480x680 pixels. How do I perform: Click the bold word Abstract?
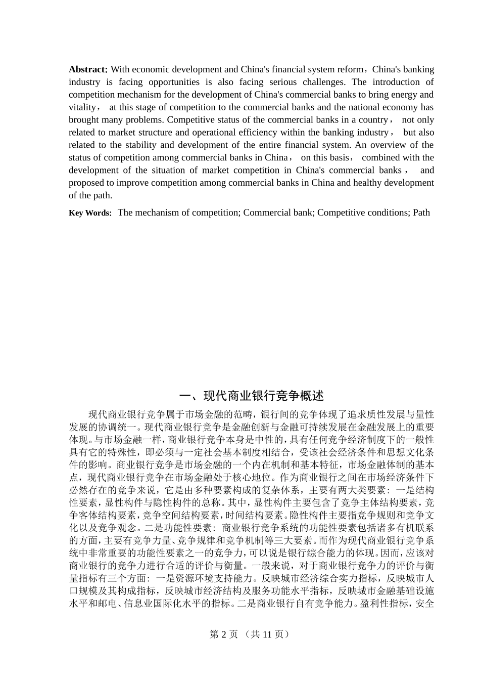[88, 69]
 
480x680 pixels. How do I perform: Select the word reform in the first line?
[350, 69]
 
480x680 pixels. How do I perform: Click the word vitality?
[82, 107]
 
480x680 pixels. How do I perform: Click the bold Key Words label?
[90, 213]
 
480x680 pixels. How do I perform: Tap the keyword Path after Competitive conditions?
[421, 212]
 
